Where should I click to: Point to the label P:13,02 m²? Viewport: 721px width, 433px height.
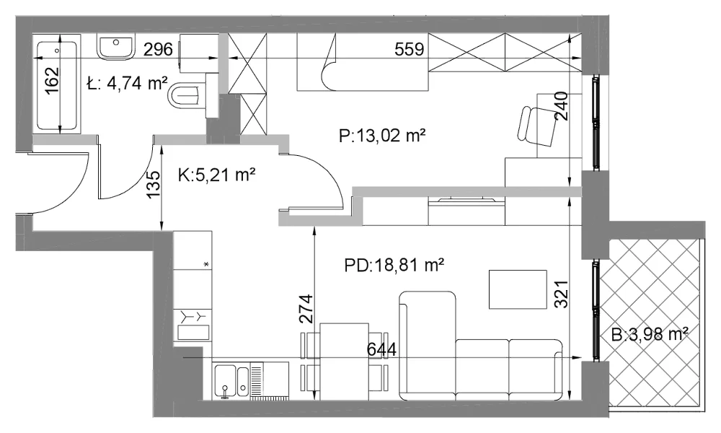(381, 136)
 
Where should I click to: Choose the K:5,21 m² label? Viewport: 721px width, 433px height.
(216, 175)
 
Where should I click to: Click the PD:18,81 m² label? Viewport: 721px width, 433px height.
(394, 265)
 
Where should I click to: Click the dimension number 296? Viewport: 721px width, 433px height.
(158, 49)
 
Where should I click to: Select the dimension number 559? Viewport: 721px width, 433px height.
(410, 49)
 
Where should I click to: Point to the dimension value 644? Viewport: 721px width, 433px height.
(381, 350)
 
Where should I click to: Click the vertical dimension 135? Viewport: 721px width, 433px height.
(155, 185)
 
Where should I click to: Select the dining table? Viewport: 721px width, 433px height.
(345, 362)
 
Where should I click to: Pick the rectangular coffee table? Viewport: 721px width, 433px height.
(518, 289)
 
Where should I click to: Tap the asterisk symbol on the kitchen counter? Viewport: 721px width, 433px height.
(206, 264)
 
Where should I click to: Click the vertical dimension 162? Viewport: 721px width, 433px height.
(53, 81)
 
